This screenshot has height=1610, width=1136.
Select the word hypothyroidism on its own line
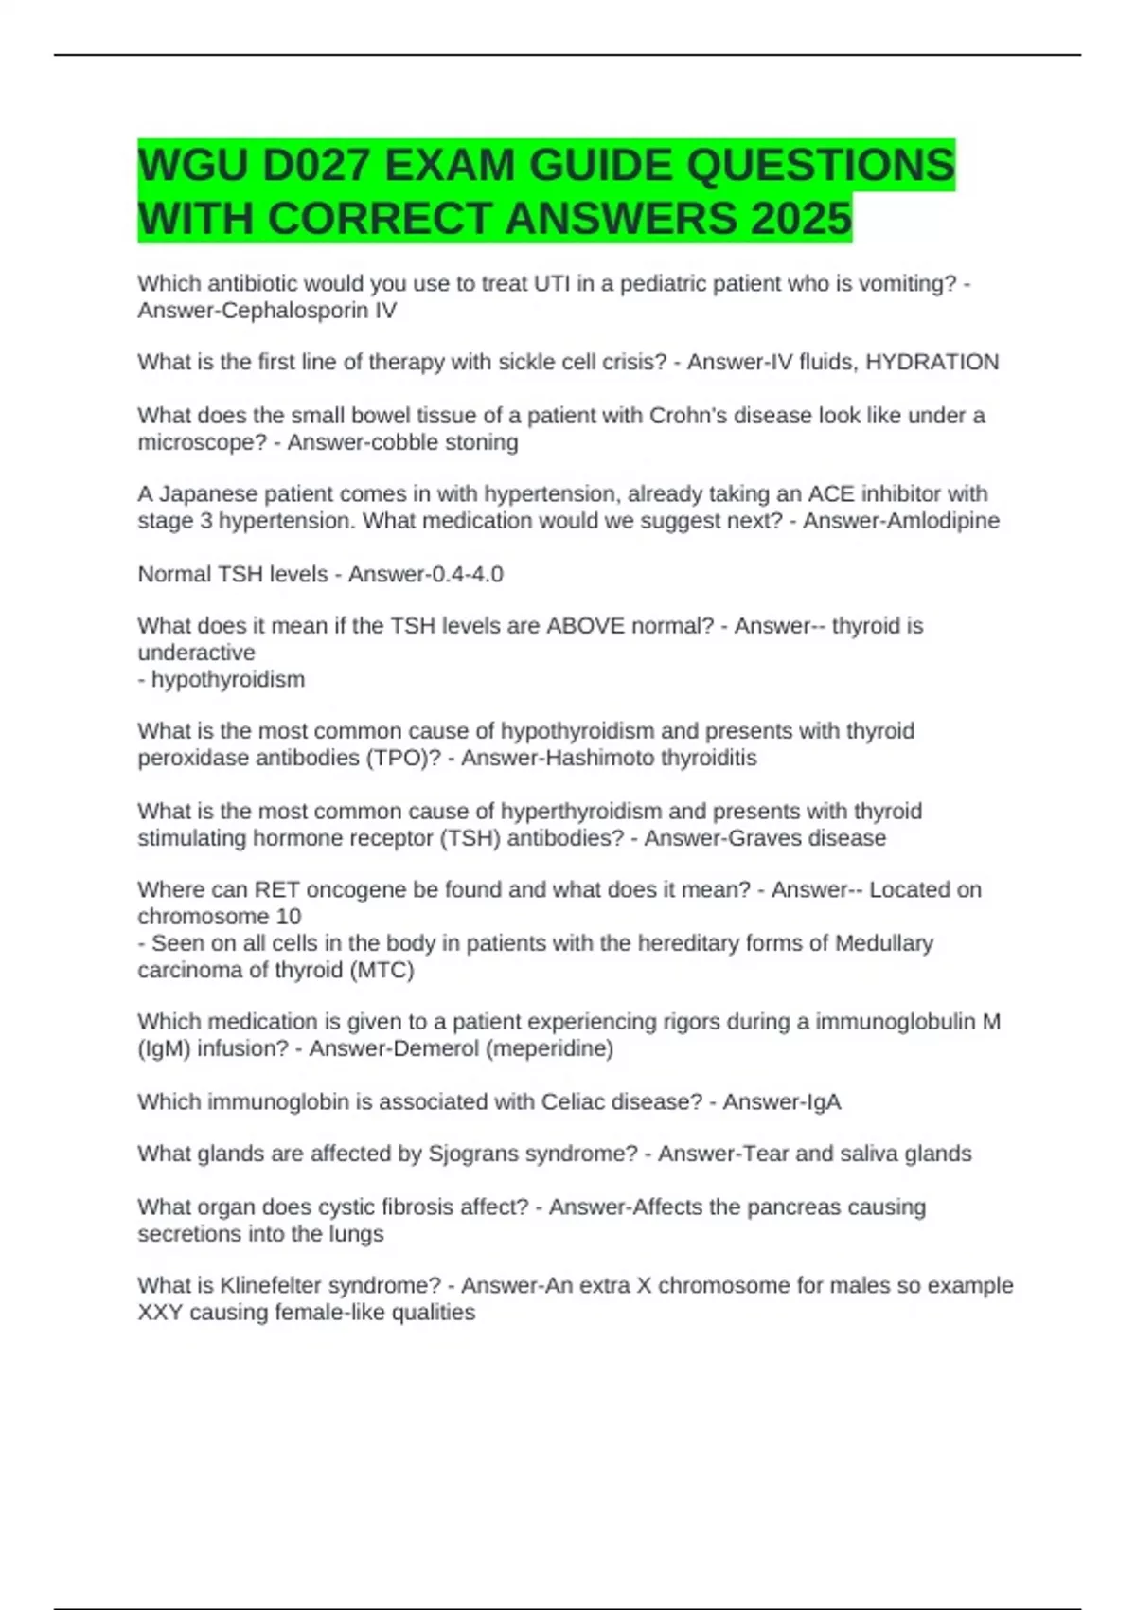[228, 679]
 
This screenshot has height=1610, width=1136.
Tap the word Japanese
[202, 494]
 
